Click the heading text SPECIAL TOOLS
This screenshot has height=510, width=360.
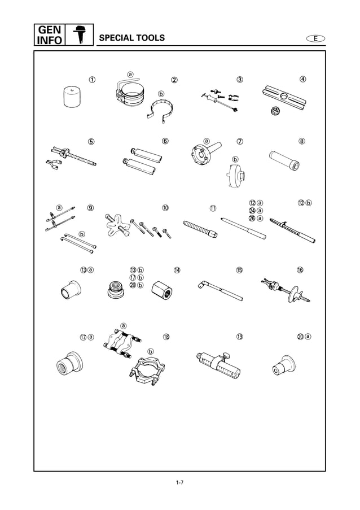click(132, 38)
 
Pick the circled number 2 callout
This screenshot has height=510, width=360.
click(174, 80)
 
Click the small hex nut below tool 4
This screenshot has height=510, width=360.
click(276, 110)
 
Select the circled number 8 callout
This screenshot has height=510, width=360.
click(302, 141)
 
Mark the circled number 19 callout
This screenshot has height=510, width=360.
click(239, 337)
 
